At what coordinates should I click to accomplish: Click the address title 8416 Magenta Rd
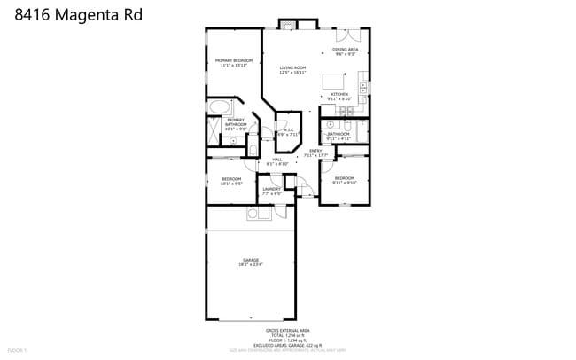(77, 15)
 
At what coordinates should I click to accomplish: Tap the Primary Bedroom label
(231, 62)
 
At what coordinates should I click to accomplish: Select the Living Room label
(292, 70)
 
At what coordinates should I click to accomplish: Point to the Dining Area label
(345, 51)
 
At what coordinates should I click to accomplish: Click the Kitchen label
(339, 96)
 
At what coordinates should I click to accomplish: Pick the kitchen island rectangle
(332, 76)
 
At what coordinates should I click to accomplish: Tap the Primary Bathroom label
(235, 125)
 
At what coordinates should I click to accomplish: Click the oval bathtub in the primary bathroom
(219, 107)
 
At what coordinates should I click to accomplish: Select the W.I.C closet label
(288, 132)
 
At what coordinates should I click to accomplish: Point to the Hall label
(277, 161)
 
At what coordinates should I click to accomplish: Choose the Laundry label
(271, 191)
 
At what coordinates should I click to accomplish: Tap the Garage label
(251, 262)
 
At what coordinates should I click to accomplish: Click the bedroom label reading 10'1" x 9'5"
(231, 182)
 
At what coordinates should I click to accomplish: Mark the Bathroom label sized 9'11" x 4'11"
(339, 136)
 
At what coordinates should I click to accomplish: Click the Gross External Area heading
(288, 330)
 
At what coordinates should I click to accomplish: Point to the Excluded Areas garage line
(288, 345)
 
